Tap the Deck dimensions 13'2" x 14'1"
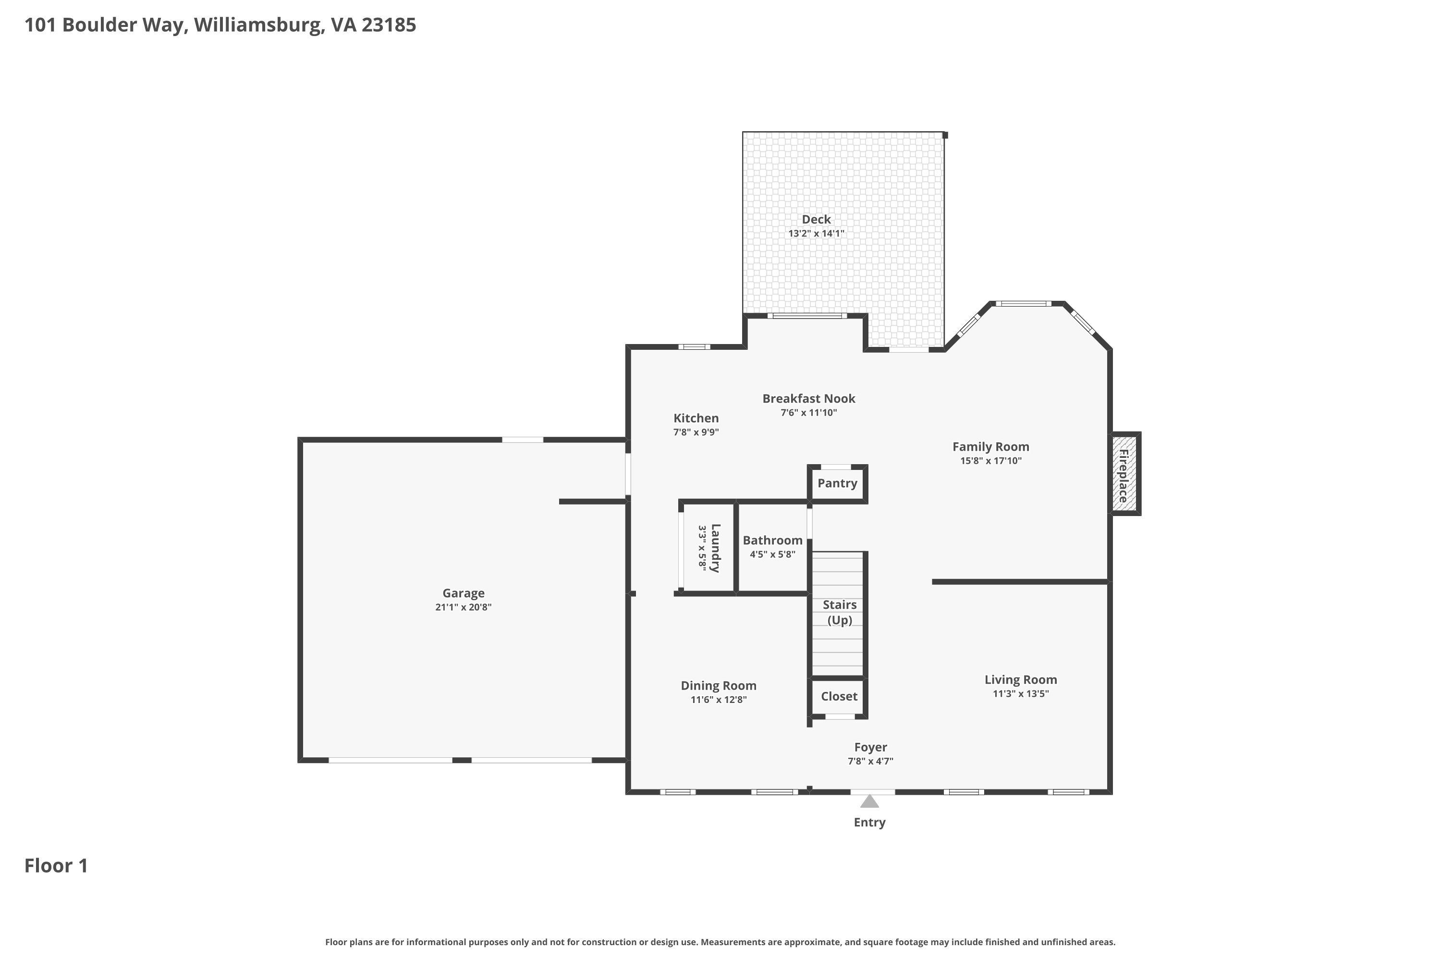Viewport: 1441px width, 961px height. click(816, 234)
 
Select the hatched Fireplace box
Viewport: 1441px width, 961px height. click(1125, 473)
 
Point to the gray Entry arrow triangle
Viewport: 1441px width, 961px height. click(869, 801)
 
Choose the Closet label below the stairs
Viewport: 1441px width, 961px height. click(839, 696)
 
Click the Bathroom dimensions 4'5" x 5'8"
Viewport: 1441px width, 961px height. click(772, 554)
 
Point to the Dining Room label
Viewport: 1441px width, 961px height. click(719, 686)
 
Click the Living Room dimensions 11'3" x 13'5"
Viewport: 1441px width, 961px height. click(1021, 694)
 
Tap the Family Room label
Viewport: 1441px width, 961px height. click(990, 447)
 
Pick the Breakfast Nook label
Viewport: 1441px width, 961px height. click(809, 398)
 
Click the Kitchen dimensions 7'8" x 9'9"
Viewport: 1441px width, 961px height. click(696, 432)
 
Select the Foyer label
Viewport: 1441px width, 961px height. click(870, 748)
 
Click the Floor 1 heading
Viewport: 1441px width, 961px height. click(56, 865)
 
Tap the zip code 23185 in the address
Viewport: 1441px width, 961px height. click(389, 25)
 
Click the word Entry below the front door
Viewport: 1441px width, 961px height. click(869, 823)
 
